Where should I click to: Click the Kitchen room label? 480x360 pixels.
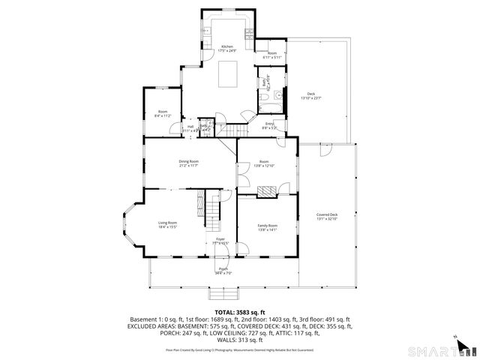[x=226, y=46]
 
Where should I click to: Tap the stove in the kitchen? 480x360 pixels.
[x=249, y=33]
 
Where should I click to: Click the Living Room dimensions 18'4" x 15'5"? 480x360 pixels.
[x=167, y=226]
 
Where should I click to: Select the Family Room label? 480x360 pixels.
[x=268, y=226]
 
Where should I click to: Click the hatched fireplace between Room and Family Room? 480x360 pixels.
[x=267, y=192]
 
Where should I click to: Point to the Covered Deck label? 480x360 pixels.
[x=327, y=214]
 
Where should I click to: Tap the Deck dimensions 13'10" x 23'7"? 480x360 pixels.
[x=310, y=97]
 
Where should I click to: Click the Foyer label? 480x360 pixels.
[x=220, y=239]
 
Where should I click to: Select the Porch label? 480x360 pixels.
[x=223, y=268]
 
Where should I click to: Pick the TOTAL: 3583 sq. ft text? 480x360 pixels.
[x=240, y=311]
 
